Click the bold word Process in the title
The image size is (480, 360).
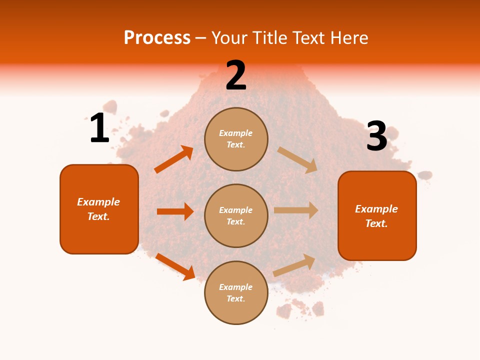(x=157, y=37)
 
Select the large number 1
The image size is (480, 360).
(x=99, y=128)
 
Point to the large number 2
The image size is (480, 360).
(x=236, y=76)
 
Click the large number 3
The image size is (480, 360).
(x=377, y=136)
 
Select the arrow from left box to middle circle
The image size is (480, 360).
(x=175, y=211)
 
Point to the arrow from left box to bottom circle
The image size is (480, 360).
(x=175, y=266)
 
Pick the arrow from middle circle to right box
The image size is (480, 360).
(x=296, y=210)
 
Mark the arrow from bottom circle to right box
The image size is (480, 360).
(x=294, y=265)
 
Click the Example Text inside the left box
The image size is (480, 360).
(x=98, y=209)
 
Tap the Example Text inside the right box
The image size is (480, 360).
(x=376, y=216)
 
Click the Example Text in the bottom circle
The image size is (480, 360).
(x=236, y=293)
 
